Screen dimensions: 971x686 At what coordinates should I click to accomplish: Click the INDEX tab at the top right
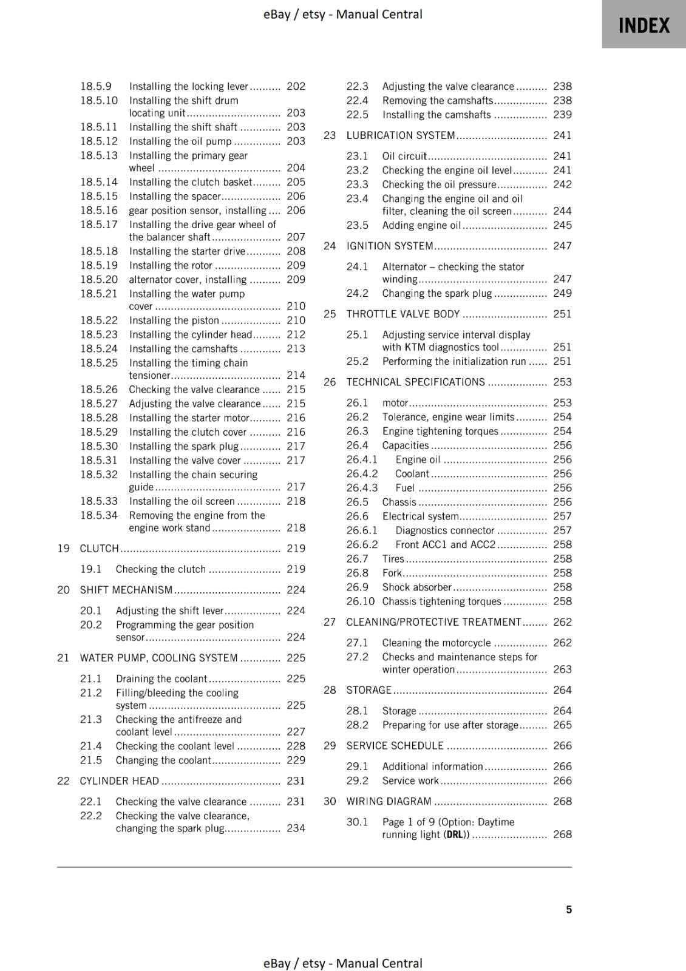(x=644, y=25)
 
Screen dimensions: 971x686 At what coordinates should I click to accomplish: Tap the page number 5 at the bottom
(x=569, y=909)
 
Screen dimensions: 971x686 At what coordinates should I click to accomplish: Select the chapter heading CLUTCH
(x=100, y=548)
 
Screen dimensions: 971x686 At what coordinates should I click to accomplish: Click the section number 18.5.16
(x=99, y=210)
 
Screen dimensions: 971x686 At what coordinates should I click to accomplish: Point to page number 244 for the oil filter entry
(x=562, y=211)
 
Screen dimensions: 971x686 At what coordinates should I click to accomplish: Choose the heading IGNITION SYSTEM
(x=389, y=246)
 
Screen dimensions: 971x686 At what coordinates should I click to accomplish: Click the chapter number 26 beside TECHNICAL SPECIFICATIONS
(x=330, y=382)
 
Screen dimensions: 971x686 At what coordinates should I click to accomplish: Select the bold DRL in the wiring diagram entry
(x=455, y=834)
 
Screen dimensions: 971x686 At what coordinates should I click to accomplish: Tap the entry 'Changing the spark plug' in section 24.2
(x=436, y=293)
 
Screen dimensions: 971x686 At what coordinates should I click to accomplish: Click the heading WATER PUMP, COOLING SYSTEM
(x=158, y=657)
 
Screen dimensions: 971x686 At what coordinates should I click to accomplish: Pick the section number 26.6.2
(x=362, y=544)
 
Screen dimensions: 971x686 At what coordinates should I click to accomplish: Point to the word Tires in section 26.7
(x=393, y=558)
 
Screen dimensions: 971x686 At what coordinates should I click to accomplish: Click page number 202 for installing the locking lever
(x=296, y=86)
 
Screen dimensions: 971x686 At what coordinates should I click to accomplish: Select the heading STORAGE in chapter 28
(x=368, y=690)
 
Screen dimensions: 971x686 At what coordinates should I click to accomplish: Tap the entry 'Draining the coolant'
(x=161, y=678)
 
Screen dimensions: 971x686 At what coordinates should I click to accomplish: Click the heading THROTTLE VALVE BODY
(x=402, y=314)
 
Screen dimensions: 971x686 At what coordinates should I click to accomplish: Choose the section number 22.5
(x=357, y=115)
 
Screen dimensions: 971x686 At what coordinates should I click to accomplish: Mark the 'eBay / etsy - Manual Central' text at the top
(x=342, y=14)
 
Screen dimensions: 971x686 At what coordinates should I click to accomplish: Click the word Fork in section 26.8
(x=392, y=573)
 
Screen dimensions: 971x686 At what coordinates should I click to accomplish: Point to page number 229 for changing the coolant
(x=296, y=760)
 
